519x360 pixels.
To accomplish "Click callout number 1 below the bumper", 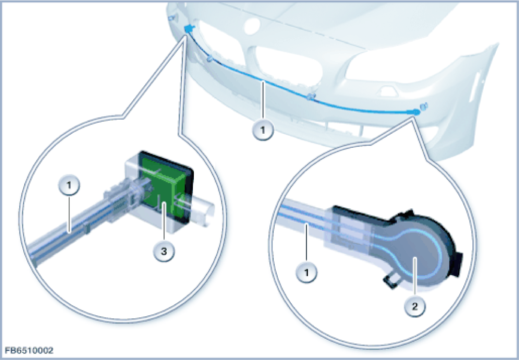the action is pos(263,130).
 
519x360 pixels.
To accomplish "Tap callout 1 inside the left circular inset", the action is pos(68,185).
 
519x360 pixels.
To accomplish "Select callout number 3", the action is pos(164,251).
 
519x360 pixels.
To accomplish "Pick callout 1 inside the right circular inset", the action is pos(306,272).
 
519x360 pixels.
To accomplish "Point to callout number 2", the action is pos(414,306).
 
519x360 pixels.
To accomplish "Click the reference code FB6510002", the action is pos(29,350).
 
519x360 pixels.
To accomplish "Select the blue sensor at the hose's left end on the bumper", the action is pos(189,29).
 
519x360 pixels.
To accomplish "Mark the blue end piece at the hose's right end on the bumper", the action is pos(415,112).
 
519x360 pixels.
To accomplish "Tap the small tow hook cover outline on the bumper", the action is pos(389,91).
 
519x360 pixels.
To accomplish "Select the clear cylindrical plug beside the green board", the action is pos(199,210).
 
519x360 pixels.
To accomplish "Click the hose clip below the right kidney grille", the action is pos(311,96).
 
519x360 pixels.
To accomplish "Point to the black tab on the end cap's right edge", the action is pos(458,264).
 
